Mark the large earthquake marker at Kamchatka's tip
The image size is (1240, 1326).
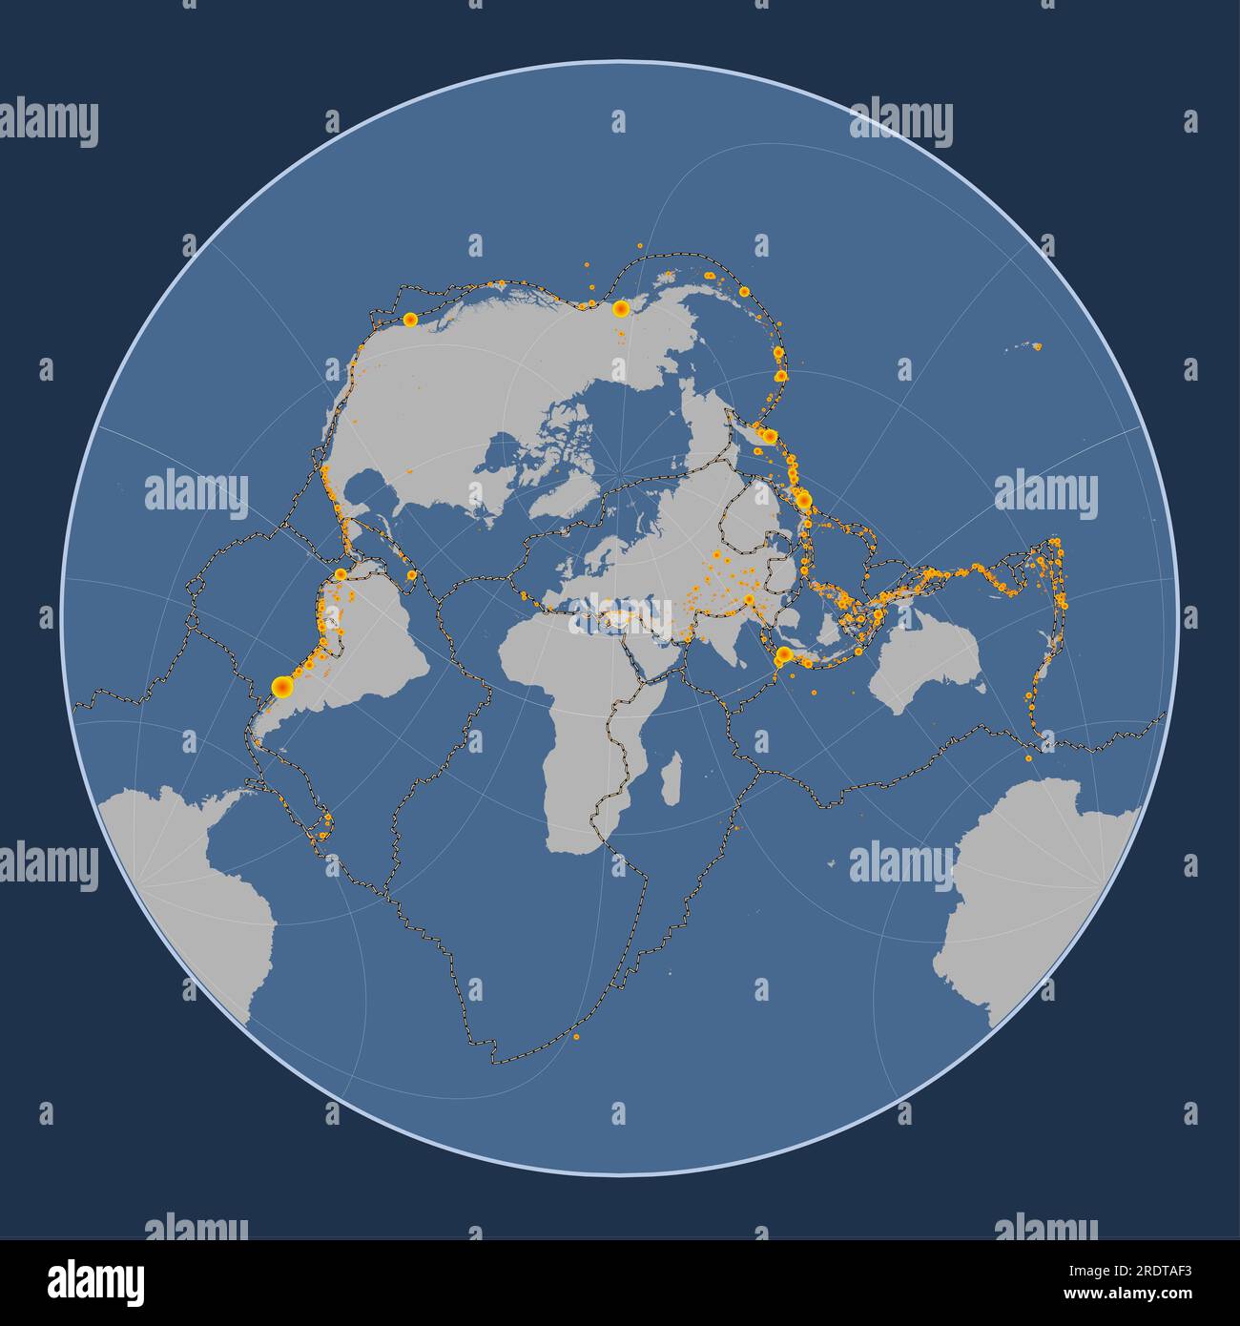coord(769,437)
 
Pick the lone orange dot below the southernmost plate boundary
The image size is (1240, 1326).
coord(576,1037)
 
